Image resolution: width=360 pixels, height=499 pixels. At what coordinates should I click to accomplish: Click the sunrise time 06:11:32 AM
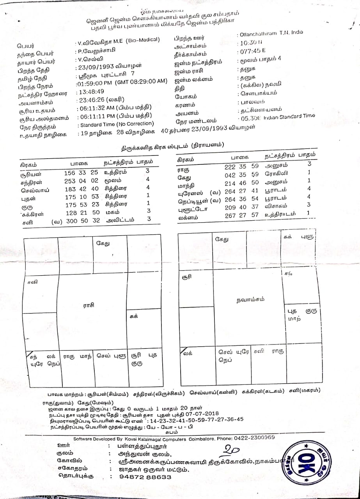96,107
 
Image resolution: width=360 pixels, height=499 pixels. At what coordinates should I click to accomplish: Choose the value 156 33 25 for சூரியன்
81,172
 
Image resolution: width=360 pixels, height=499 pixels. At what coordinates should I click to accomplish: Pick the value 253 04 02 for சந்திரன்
81,180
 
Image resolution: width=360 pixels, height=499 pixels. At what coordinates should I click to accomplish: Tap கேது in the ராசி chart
103,243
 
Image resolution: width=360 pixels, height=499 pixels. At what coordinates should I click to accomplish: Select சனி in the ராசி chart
30,281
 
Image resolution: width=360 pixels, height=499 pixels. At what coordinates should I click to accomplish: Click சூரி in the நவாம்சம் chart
187,277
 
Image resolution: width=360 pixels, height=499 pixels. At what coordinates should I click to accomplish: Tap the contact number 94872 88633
145,476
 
